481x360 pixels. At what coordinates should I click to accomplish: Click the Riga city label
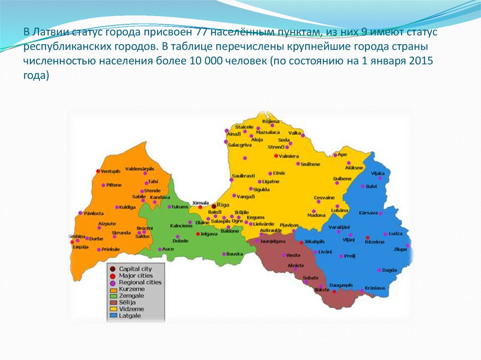223,206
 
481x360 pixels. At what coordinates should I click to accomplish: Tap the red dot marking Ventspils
98,171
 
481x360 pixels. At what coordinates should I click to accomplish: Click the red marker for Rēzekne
368,237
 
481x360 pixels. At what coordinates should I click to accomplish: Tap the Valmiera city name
290,156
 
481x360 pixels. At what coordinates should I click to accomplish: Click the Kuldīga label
127,207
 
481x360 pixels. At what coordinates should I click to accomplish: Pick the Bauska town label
234,254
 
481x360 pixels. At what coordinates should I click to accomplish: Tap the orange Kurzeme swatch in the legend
113,290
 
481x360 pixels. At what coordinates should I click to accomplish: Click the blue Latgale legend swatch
113,316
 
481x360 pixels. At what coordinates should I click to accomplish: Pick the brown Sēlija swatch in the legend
113,303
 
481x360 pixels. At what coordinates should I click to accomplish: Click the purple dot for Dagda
379,270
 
